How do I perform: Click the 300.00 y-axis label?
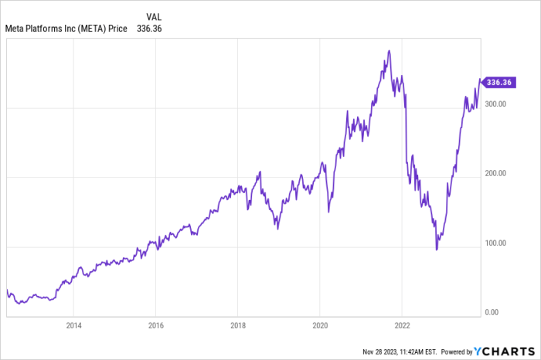coord(496,104)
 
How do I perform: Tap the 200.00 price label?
coord(496,174)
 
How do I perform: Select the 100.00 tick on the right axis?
coord(496,243)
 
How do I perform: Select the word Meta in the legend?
coord(18,29)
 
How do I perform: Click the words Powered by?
coord(461,352)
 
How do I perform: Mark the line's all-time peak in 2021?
coord(389,51)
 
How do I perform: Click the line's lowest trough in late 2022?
coord(437,250)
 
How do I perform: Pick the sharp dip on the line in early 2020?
coord(328,212)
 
